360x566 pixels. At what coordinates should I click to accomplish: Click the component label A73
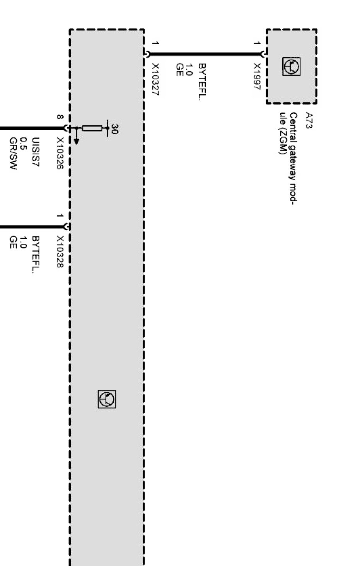point(309,120)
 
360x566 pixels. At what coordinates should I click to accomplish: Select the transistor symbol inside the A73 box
point(291,67)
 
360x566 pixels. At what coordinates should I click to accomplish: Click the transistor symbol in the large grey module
point(107,399)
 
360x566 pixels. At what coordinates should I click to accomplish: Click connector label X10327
point(155,80)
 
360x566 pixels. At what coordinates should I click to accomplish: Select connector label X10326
point(60,154)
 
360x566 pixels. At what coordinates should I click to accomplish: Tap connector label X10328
point(60,252)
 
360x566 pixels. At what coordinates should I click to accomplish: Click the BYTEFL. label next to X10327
point(201,82)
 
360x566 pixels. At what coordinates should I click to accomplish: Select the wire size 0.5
point(24,143)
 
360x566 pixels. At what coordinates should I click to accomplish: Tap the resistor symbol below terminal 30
point(92,128)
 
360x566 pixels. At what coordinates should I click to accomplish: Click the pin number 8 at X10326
point(59,117)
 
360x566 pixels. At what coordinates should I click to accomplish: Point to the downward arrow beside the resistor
point(77,137)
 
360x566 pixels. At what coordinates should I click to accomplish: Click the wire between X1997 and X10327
point(205,54)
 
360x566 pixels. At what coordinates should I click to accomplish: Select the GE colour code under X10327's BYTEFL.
point(179,70)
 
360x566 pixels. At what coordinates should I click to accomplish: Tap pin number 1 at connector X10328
point(59,215)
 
